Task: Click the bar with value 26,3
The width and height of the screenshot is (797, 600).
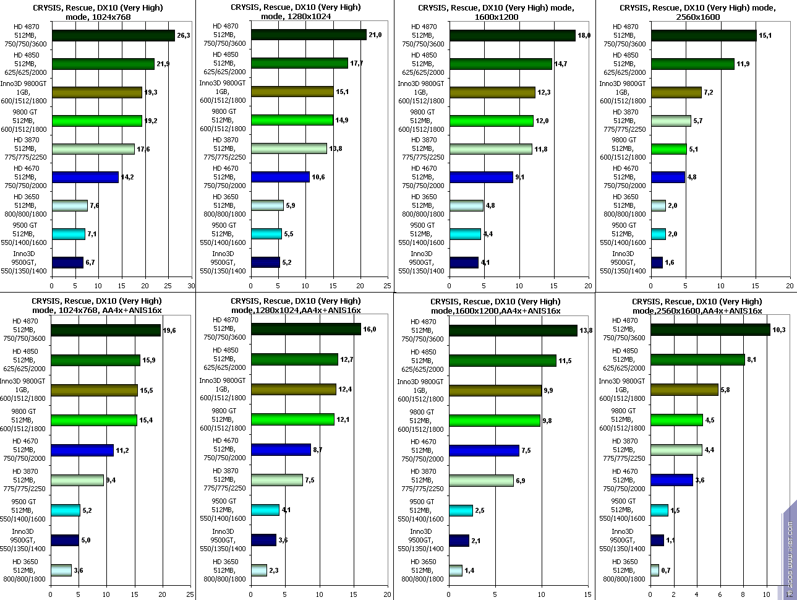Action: coord(113,36)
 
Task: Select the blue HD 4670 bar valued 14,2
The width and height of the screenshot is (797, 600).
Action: coord(85,178)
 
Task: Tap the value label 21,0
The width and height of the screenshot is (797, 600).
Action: coord(375,35)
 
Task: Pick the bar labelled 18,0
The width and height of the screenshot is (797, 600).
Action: coord(512,36)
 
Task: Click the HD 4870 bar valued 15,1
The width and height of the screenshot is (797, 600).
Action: coord(703,36)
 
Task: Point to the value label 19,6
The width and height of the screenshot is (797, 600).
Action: coord(169,331)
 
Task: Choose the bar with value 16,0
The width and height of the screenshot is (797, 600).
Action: coord(305,330)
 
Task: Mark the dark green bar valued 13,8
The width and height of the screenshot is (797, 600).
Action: coord(513,331)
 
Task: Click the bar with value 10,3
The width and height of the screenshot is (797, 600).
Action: coord(710,330)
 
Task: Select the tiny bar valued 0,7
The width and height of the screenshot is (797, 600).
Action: coord(655,570)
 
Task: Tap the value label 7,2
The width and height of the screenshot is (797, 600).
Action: coord(709,92)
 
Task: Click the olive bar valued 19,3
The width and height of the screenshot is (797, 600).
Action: coord(97,92)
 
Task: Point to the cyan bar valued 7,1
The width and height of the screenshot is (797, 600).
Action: coord(69,234)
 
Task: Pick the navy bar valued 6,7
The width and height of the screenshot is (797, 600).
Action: coord(67,263)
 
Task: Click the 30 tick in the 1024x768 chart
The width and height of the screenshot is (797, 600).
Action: coord(191,286)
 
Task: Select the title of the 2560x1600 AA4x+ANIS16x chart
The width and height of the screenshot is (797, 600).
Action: coord(697,306)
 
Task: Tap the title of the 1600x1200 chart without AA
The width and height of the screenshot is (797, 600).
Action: coord(495,12)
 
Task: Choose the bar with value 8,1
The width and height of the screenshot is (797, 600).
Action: coord(697,360)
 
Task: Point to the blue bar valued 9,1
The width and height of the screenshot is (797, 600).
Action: coord(481,178)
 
